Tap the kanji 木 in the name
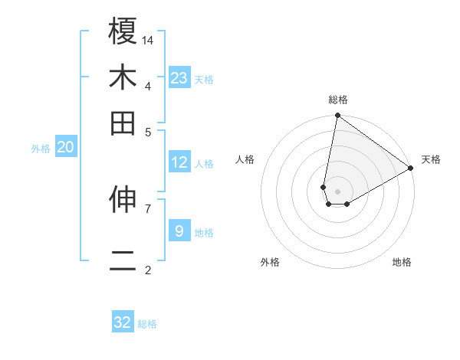click(x=123, y=77)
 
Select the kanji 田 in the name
click(x=123, y=123)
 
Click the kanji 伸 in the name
click(x=123, y=201)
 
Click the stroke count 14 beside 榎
click(x=148, y=40)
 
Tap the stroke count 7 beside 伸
click(x=147, y=208)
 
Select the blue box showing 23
click(x=179, y=78)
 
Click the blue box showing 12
click(x=179, y=162)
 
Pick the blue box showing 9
click(x=179, y=231)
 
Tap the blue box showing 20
click(x=65, y=148)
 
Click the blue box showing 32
click(x=123, y=322)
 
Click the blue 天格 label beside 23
click(x=204, y=80)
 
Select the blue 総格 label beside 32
click(x=147, y=324)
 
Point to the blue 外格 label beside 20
click(x=41, y=149)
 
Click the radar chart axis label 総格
click(x=337, y=100)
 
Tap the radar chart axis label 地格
click(x=402, y=262)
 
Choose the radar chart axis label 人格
click(x=245, y=159)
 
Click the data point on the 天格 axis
click(x=411, y=169)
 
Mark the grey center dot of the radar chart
click(x=337, y=191)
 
